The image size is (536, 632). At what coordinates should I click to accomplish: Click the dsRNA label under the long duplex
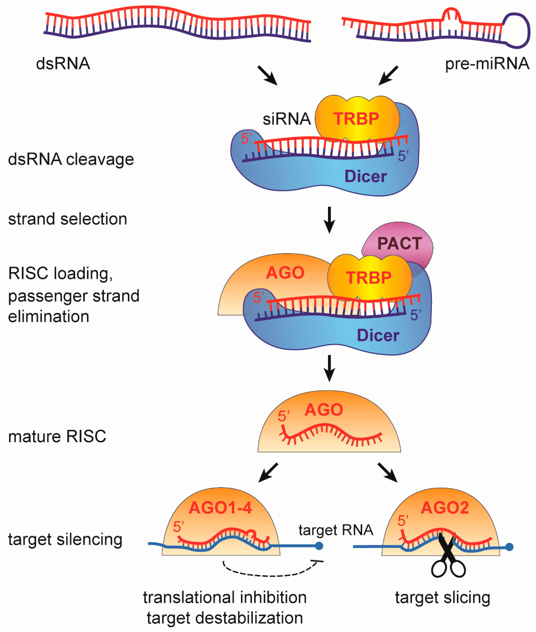pos(63,64)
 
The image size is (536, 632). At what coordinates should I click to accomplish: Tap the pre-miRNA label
pos(487,64)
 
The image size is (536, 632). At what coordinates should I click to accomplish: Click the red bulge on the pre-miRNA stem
pos(451,14)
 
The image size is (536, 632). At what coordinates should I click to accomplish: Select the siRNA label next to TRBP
pos(286,119)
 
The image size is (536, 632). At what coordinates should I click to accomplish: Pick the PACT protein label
pos(400,243)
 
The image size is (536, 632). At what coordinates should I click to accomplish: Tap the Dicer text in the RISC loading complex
pos(378,335)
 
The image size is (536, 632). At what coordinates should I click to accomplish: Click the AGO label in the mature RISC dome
pos(324,410)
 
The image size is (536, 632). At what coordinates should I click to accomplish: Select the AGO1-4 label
pos(220,508)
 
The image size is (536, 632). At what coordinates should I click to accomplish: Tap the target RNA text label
pos(336,530)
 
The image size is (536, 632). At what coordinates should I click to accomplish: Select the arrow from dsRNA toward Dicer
pos(267,76)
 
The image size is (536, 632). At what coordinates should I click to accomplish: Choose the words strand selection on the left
pos(67,219)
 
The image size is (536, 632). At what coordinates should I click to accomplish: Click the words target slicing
pos(442,597)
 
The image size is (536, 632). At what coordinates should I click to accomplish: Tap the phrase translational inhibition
pos(225,597)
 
